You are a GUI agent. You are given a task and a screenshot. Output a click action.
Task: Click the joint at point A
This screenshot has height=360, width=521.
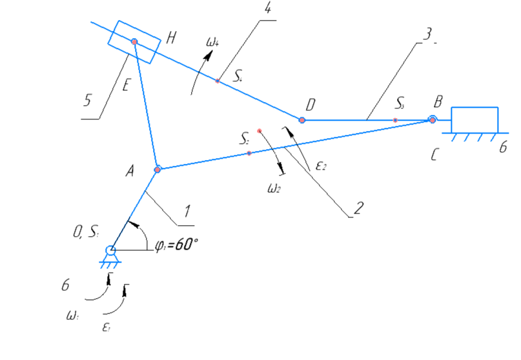(158, 170)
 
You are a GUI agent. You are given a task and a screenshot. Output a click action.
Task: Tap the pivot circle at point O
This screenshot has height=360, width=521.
(111, 250)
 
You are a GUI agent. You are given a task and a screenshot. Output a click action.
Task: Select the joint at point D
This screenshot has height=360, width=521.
(301, 119)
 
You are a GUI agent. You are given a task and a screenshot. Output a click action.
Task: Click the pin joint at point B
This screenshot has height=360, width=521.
(432, 119)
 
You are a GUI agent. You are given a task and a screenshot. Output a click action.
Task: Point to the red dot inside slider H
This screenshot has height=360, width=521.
(134, 42)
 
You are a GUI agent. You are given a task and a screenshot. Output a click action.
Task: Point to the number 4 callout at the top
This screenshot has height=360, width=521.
(267, 9)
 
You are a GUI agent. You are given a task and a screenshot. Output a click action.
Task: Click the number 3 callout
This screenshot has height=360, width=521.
(424, 34)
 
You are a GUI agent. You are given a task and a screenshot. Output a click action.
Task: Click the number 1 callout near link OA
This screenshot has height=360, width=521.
(186, 211)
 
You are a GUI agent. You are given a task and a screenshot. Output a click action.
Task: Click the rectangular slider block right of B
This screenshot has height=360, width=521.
(475, 119)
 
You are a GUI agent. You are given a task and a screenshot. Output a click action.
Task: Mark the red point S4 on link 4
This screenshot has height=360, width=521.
(218, 81)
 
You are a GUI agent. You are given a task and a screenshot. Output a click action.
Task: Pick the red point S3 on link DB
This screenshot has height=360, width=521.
(396, 119)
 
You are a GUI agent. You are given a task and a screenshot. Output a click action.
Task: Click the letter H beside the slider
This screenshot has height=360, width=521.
(171, 37)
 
